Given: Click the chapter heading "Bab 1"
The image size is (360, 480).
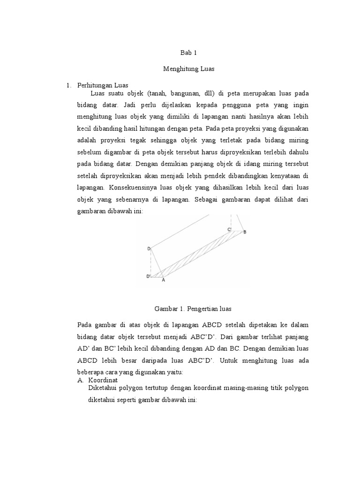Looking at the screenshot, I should (x=189, y=53).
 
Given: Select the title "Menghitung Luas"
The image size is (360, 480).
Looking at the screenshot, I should (x=189, y=68).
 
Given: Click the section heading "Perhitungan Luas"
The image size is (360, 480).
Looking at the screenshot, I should (x=99, y=85).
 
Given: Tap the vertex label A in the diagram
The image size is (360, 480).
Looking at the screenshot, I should (x=163, y=280).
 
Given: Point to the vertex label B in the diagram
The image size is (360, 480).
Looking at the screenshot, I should (x=245, y=232).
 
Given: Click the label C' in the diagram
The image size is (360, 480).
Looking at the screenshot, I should (x=230, y=229).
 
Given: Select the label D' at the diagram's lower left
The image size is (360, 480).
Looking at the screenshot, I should (x=148, y=277).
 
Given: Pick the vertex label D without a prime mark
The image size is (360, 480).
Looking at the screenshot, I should (x=148, y=248).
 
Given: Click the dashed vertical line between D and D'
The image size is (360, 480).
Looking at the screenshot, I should (x=151, y=262).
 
